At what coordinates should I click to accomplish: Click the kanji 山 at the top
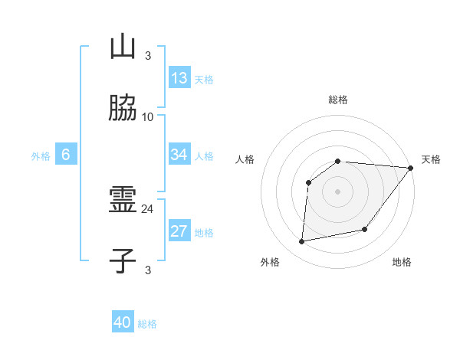tap(123, 47)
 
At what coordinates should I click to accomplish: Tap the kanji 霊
tap(123, 201)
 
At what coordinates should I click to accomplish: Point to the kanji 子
tap(123, 261)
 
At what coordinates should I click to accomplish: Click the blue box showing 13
tap(179, 78)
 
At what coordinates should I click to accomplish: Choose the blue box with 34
tap(179, 155)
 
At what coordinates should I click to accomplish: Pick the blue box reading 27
tap(179, 232)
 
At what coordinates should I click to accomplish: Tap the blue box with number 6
tap(66, 155)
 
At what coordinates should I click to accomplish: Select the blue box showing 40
tap(123, 322)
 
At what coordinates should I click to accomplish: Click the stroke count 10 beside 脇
tap(148, 117)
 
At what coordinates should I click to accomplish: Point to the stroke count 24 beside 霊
tap(148, 209)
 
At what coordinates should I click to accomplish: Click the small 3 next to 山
tap(148, 55)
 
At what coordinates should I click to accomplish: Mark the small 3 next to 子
tap(148, 270)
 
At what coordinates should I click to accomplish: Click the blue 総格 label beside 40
tap(147, 324)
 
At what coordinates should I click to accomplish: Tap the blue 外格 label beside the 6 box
tap(41, 156)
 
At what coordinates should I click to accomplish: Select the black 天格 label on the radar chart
tap(432, 159)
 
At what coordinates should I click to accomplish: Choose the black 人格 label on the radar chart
tap(245, 159)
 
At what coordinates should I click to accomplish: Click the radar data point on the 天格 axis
tap(411, 168)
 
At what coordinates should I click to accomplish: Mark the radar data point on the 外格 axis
tap(302, 242)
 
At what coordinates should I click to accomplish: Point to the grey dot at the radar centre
tap(338, 190)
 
